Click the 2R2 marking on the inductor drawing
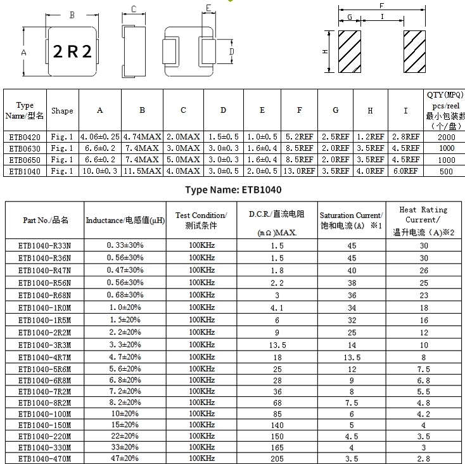tap(72, 52)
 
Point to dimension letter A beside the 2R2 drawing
tap(24, 53)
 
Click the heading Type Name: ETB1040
tap(233, 190)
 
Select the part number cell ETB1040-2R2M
tap(45, 332)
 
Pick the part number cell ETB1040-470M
tap(45, 458)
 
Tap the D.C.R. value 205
tap(277, 458)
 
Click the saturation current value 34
tap(352, 307)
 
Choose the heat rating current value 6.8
tap(424, 380)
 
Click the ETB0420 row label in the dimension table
tap(25, 136)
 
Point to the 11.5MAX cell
tap(143, 171)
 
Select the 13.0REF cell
tap(299, 171)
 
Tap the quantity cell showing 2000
tap(447, 137)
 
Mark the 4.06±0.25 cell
tap(99, 136)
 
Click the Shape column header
tap(62, 111)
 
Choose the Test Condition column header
tap(201, 220)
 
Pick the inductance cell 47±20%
tap(125, 458)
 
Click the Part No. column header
tap(45, 220)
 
